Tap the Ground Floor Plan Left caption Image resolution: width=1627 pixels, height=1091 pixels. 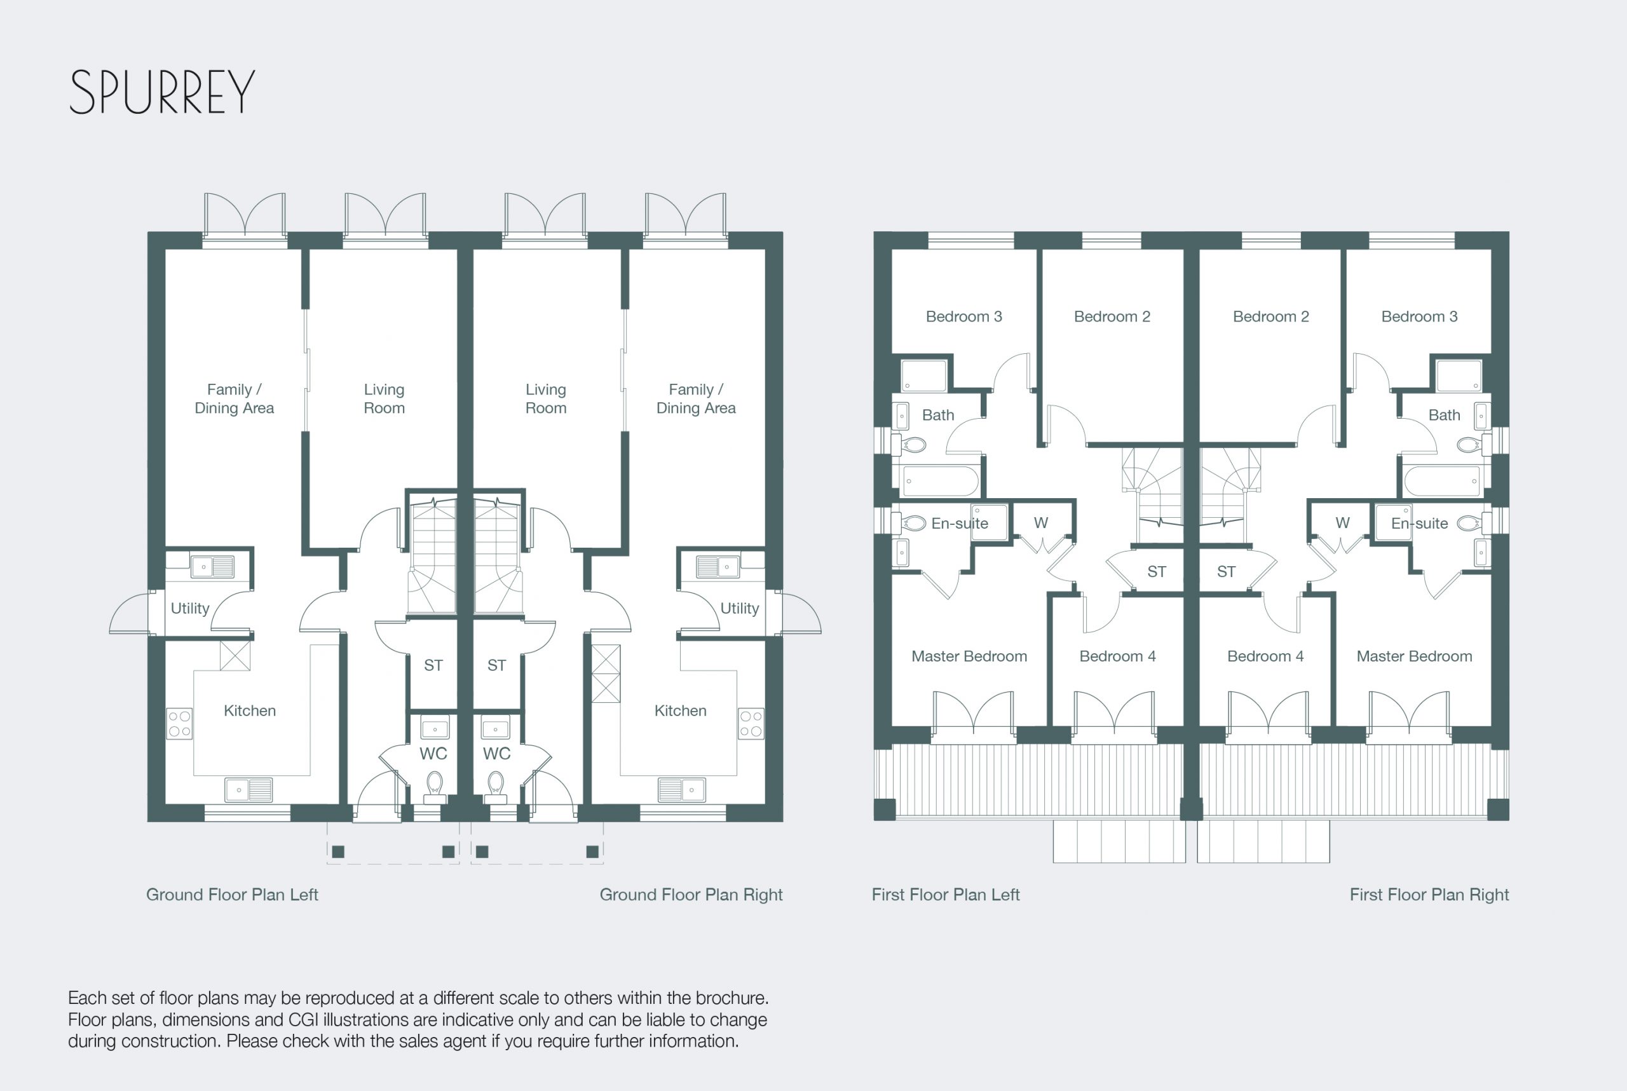[232, 895]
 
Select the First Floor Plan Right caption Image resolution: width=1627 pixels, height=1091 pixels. [1429, 895]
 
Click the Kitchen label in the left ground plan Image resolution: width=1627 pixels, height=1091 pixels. [250, 710]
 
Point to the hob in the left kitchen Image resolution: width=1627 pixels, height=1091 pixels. [179, 724]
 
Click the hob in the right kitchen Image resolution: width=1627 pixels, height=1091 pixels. [751, 724]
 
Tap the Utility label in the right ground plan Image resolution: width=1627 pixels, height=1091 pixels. [740, 608]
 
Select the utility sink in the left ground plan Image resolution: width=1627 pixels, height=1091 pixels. [212, 567]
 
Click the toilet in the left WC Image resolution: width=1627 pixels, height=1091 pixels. [435, 786]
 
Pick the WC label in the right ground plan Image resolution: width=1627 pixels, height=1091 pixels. [497, 754]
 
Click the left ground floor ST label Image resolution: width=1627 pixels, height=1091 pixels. [433, 665]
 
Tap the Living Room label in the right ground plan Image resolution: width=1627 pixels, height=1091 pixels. [545, 398]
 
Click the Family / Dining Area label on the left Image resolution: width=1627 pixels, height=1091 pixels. [234, 398]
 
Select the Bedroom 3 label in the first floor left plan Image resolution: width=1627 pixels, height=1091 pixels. [964, 316]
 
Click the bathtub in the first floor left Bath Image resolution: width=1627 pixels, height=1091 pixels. [940, 481]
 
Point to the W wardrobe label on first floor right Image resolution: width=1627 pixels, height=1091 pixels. [1342, 522]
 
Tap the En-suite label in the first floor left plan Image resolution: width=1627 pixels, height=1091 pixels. [960, 523]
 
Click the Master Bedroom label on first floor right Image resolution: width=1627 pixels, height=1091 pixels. [1414, 656]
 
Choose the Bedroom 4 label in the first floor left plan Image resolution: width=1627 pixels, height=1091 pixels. [1117, 656]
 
